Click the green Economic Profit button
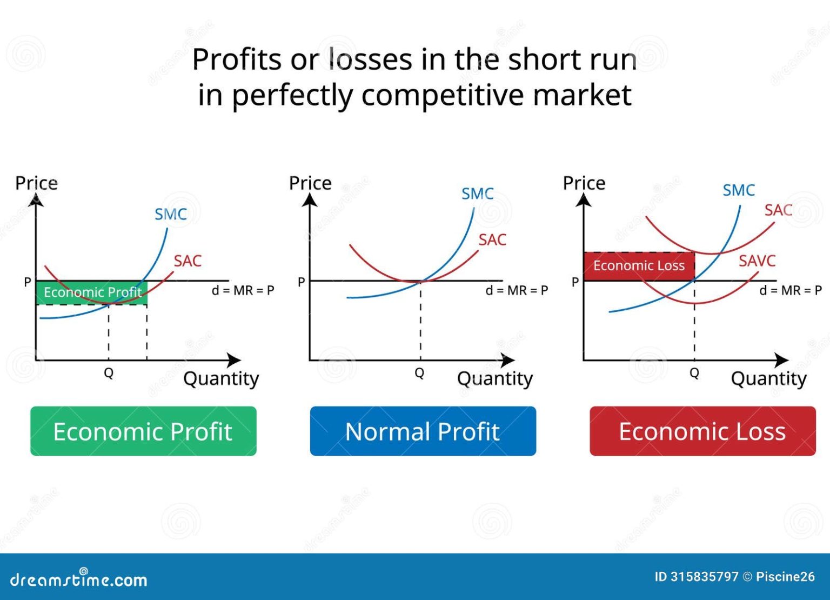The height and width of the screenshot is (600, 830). click(143, 431)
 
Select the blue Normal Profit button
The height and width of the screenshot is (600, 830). click(423, 431)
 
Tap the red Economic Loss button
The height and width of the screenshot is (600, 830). click(702, 431)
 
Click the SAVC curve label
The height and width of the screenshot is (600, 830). click(757, 261)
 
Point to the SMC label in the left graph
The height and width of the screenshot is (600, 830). click(170, 215)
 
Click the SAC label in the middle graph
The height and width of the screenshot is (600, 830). click(492, 240)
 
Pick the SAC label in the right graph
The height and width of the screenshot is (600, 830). click(778, 210)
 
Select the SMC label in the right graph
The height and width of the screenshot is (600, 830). click(738, 191)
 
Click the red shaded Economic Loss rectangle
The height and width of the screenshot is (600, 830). click(639, 266)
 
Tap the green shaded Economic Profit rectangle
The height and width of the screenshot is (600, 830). click(92, 292)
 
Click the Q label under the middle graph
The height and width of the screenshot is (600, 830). click(419, 373)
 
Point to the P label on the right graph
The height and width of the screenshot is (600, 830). click(575, 282)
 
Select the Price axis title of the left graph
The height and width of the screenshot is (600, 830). click(36, 183)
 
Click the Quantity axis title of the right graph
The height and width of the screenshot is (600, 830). click(768, 378)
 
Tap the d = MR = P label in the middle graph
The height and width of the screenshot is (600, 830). click(517, 291)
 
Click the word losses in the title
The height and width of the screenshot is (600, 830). click(370, 59)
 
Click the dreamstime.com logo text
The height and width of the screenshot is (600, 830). click(79, 579)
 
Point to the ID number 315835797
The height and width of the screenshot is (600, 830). click(704, 577)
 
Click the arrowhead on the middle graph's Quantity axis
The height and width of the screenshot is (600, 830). click(508, 360)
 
